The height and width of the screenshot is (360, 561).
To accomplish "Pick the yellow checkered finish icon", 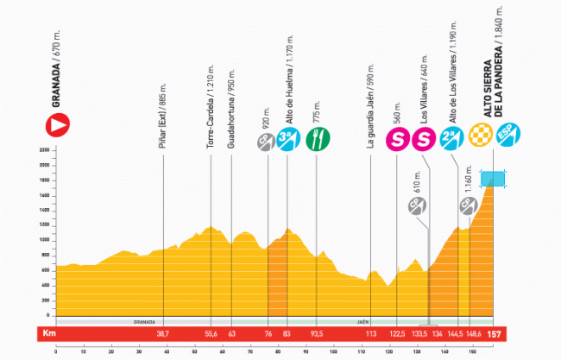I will tap(479, 136).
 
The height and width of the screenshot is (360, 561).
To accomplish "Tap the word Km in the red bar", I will tap(49, 334).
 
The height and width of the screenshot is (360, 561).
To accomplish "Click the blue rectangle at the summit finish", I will tap(493, 178).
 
